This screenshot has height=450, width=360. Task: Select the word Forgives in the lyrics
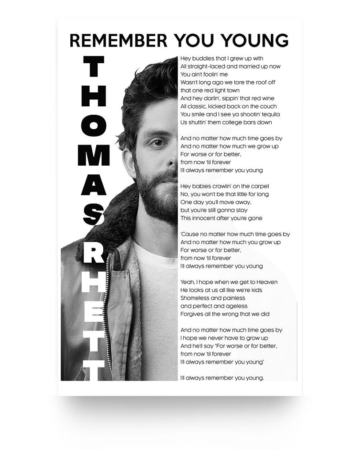(x=191, y=314)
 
